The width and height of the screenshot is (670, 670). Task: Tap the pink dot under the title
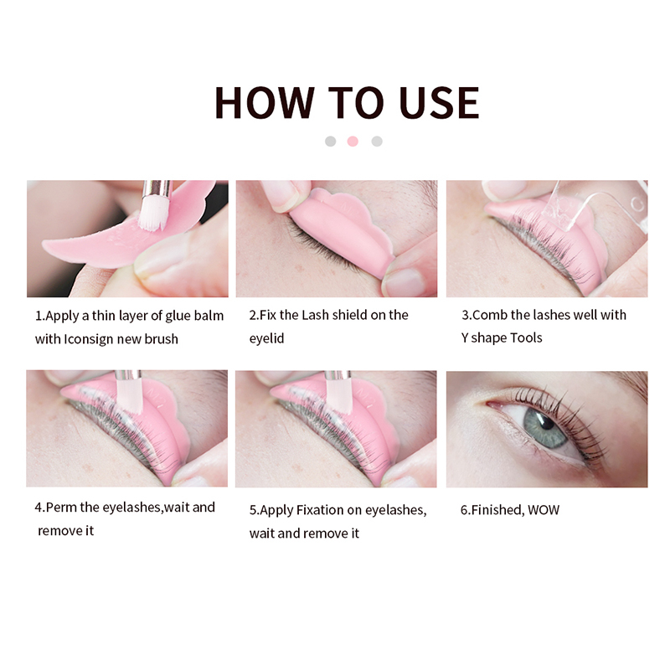coord(353,142)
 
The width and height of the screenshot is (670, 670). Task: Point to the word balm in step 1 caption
coord(207,316)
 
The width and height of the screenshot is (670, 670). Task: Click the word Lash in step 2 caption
coord(322,315)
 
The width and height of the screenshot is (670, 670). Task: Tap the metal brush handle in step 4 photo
coord(128,375)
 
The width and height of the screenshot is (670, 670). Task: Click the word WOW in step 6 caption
coord(544,509)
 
